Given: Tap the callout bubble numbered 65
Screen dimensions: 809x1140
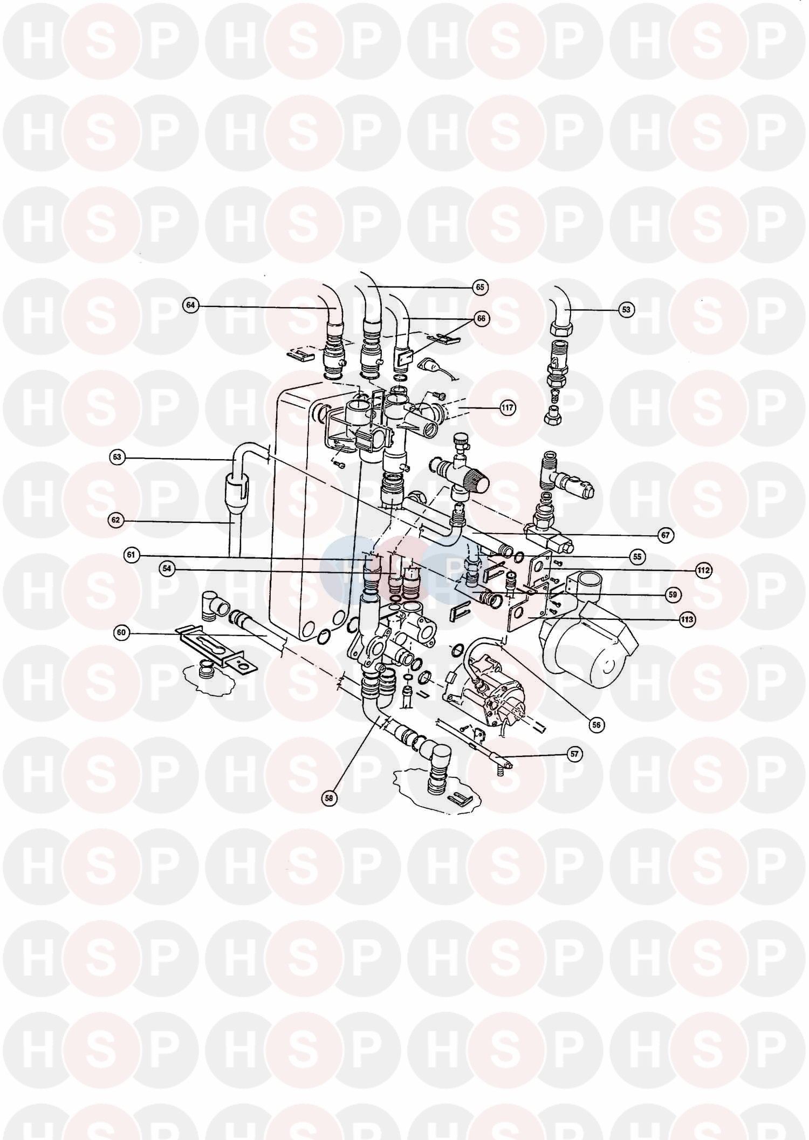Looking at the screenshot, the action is point(480,288).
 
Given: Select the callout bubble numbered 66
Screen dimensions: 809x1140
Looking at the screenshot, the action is point(480,318).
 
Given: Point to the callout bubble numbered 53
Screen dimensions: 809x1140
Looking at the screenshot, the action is point(626,310).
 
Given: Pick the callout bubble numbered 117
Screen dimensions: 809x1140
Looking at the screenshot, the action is point(507,408).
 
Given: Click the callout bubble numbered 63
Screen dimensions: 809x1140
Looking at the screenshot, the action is point(117,458).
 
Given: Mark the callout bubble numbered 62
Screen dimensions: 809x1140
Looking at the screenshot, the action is point(116,521).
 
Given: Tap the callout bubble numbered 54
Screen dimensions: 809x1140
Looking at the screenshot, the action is point(167,568).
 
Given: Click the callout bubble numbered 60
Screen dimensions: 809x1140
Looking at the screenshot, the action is point(122,633).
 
